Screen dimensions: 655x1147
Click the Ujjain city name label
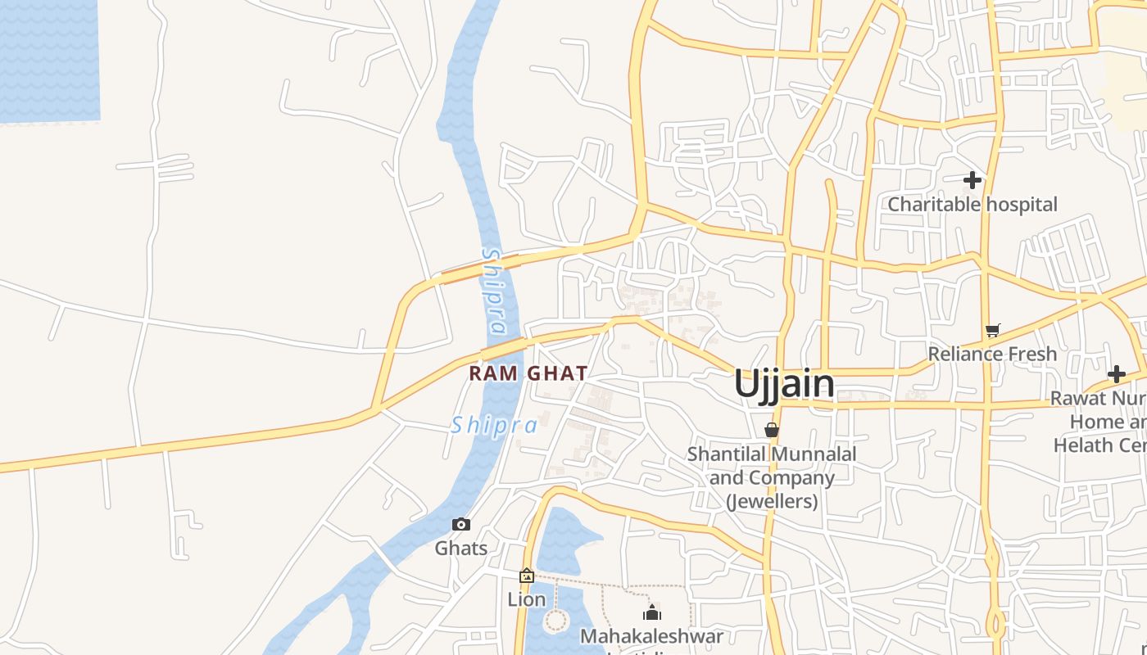coord(784,383)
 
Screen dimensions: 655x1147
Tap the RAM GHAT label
coord(528,373)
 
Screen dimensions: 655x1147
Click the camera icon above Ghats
coord(461,524)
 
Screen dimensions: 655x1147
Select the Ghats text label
coord(461,548)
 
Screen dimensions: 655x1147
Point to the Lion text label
coord(527,599)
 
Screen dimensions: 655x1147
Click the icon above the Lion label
coord(527,576)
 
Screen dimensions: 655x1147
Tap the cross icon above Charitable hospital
coord(972,179)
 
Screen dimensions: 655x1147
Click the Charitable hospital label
coord(972,204)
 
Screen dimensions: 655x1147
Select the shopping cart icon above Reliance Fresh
coord(992,331)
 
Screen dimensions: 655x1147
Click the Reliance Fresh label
coord(992,354)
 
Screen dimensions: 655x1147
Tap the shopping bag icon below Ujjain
coord(771,429)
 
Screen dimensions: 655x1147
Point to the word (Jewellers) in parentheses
coord(773,500)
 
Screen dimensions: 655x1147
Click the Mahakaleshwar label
coord(651,635)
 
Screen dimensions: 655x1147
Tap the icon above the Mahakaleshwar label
coord(652,612)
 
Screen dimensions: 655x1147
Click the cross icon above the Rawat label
coord(1116,375)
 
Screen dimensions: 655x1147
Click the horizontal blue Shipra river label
coord(494,425)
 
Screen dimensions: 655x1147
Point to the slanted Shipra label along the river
coord(494,291)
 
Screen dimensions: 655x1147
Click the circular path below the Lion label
coord(555,620)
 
